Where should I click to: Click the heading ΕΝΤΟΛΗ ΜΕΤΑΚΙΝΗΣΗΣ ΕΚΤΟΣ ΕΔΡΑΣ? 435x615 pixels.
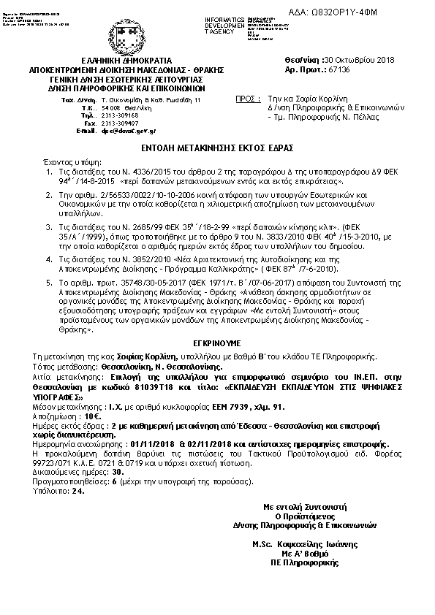(217, 147)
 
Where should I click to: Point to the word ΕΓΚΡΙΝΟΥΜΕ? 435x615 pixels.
(217, 341)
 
